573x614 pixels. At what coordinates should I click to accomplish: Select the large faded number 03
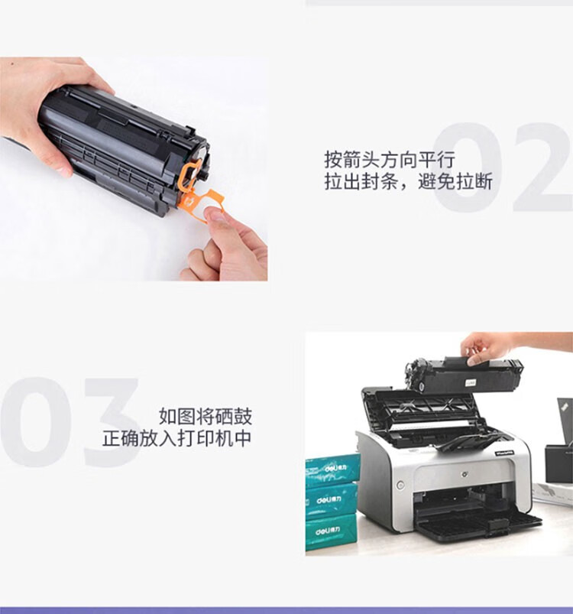pyautogui.click(x=70, y=422)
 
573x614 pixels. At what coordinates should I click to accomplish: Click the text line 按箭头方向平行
pyautogui.click(x=389, y=160)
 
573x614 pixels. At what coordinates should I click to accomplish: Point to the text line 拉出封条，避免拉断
pyautogui.click(x=408, y=182)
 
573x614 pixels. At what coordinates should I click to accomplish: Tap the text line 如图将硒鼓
pyautogui.click(x=206, y=416)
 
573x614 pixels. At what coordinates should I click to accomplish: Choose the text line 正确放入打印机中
pyautogui.click(x=176, y=438)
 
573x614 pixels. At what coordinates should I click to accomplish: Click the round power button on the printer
pyautogui.click(x=400, y=485)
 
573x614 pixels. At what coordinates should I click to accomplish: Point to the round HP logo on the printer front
pyautogui.click(x=465, y=474)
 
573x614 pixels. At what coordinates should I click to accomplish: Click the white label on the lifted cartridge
pyautogui.click(x=471, y=382)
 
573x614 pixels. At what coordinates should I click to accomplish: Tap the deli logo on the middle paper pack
pyautogui.click(x=329, y=500)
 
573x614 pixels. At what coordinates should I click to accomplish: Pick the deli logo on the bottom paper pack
pyautogui.click(x=328, y=531)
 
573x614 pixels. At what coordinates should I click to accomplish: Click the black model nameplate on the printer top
pyautogui.click(x=505, y=452)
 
